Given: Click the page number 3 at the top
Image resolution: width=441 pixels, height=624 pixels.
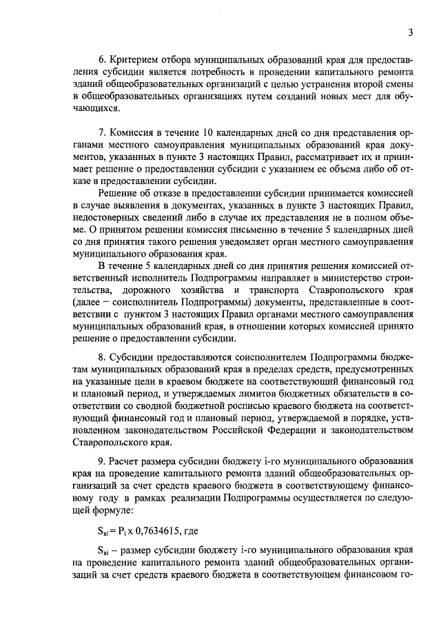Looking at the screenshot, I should [411, 32].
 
